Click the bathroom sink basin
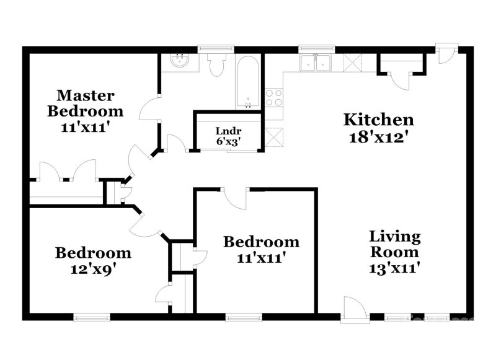(180, 61)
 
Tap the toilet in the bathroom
(216, 66)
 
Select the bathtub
(248, 84)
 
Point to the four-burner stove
(274, 98)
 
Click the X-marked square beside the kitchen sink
(353, 63)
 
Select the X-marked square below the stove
(273, 135)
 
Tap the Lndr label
(228, 131)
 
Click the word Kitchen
(379, 119)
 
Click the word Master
(85, 95)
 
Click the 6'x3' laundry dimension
(228, 141)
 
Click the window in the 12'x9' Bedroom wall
(91, 318)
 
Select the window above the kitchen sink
(316, 48)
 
